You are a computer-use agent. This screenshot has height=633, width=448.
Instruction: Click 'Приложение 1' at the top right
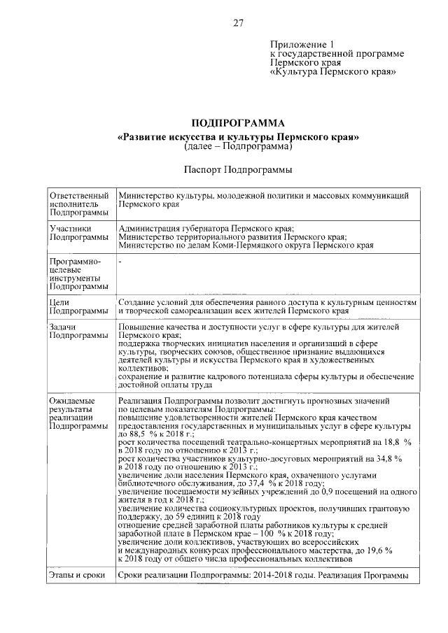coord(298,43)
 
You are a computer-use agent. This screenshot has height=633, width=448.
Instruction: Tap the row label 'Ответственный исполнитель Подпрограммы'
coord(78,204)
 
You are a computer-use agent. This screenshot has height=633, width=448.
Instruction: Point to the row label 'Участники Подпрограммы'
coord(78,233)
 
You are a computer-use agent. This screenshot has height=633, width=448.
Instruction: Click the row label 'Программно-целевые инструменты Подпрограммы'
coord(78,273)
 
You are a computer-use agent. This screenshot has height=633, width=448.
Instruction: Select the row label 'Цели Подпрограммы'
coord(78,305)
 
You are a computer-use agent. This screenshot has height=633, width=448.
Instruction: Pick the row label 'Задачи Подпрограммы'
coord(78,331)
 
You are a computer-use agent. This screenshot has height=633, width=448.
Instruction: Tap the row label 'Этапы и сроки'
coord(76,575)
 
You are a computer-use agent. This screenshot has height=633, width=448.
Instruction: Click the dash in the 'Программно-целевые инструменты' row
coord(120,261)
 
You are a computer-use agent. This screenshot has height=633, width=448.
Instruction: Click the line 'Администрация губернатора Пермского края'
coord(206,229)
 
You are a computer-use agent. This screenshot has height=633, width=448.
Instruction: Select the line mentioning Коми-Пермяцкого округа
coord(246,246)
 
